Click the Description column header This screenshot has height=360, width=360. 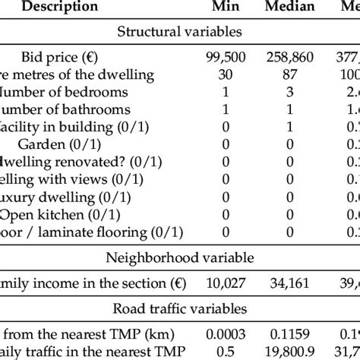60,7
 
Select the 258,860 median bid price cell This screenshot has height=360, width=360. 291,57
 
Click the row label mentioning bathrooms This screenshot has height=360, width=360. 76,109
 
